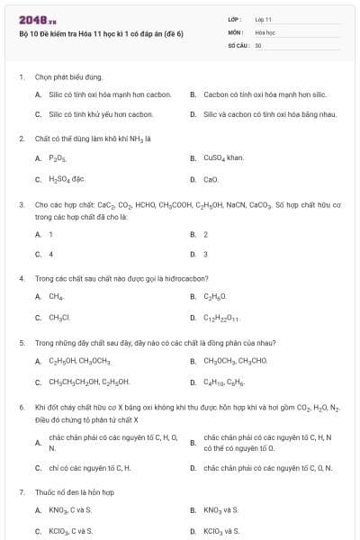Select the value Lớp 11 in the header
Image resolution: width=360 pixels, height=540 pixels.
[x=264, y=19]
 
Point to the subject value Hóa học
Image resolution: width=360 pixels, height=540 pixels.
[x=265, y=31]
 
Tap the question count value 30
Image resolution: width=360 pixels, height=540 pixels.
[x=258, y=44]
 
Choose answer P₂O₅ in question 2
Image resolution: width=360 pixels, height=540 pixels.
[x=58, y=158]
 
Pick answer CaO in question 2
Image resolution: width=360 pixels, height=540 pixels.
[x=211, y=179]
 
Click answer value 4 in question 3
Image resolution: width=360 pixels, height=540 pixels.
[x=51, y=254]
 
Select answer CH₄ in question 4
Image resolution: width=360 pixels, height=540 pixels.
[x=56, y=296]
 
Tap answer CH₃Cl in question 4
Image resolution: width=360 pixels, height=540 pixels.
[x=58, y=317]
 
